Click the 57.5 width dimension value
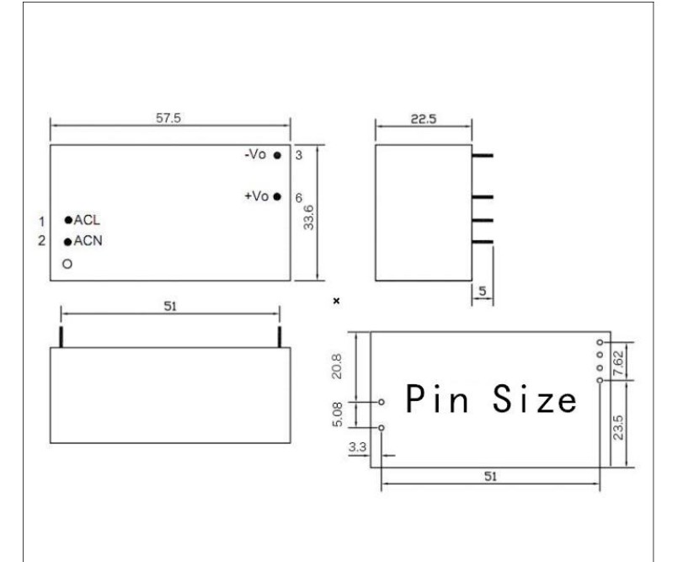coord(168,118)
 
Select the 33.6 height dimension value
coord(308,217)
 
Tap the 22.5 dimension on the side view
coord(424,119)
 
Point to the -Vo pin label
coord(255,154)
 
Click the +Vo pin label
coord(256,196)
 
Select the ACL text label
coord(87,220)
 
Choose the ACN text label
coord(88,240)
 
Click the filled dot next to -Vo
coord(277,155)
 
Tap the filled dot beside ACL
coord(68,220)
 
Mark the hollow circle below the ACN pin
coord(67,264)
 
